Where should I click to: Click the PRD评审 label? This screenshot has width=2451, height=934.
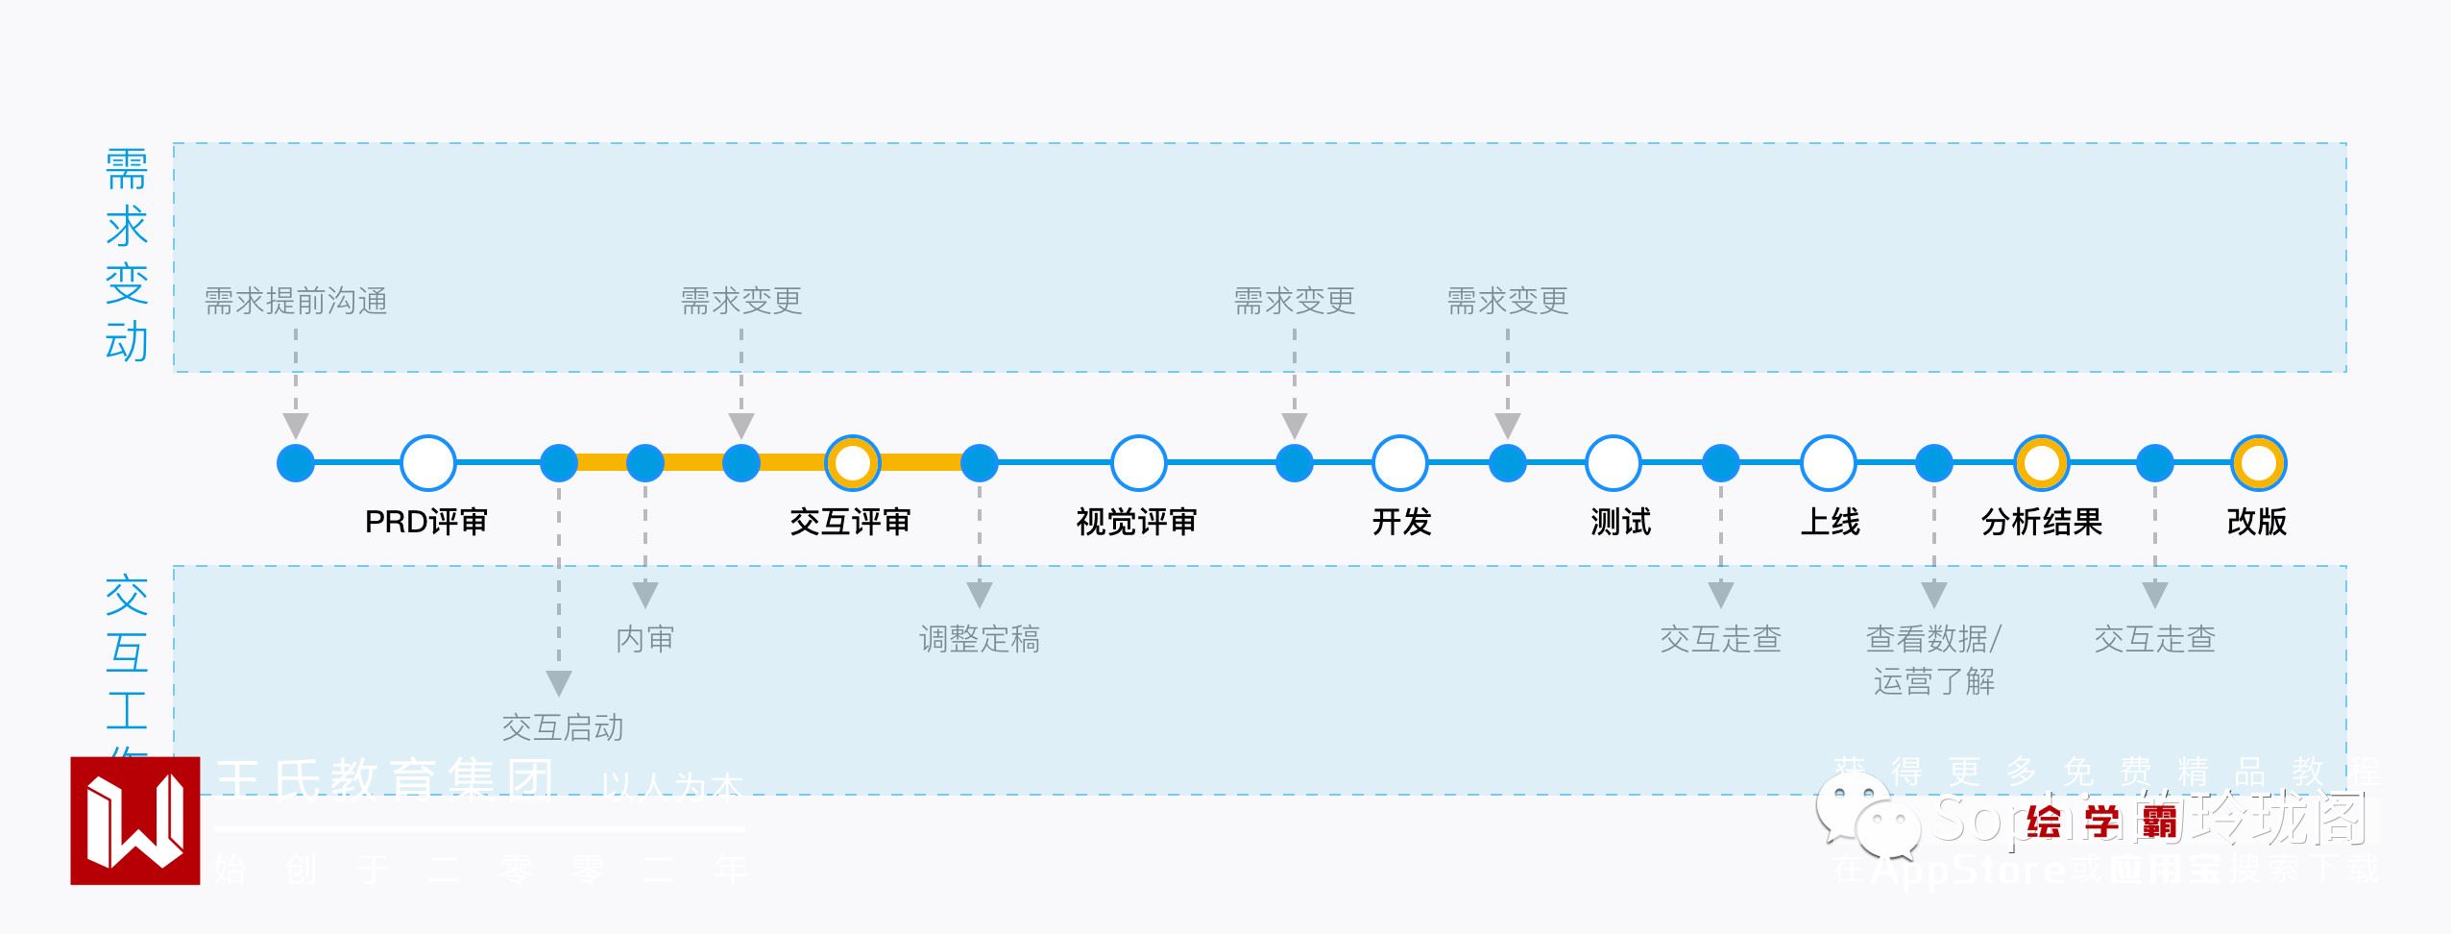pos(426,522)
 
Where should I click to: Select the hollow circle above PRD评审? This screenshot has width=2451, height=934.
pos(427,463)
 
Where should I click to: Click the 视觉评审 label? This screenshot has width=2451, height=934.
pos(1136,522)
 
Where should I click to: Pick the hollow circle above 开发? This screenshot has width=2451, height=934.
pos(1399,463)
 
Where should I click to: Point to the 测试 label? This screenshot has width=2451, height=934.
pos(1620,522)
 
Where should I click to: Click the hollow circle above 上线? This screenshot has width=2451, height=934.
pos(1828,463)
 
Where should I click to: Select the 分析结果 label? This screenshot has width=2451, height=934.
pos(2041,522)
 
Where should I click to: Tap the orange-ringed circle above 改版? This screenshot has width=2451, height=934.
pos(2258,463)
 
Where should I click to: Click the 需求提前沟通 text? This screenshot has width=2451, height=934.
pos(296,302)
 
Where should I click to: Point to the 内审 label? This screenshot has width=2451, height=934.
pos(644,639)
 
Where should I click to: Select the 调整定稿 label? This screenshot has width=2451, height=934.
pos(979,639)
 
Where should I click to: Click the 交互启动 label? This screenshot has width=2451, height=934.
pos(562,727)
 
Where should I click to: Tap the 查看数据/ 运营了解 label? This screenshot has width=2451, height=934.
pos(1933,659)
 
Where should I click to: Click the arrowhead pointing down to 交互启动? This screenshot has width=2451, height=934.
pos(559,683)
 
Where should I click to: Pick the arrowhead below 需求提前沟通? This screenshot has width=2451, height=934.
pos(296,426)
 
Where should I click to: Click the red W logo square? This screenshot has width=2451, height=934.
pos(135,821)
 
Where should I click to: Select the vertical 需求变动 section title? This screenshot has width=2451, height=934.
pos(127,256)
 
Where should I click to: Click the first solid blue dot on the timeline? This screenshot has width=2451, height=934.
pos(296,463)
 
